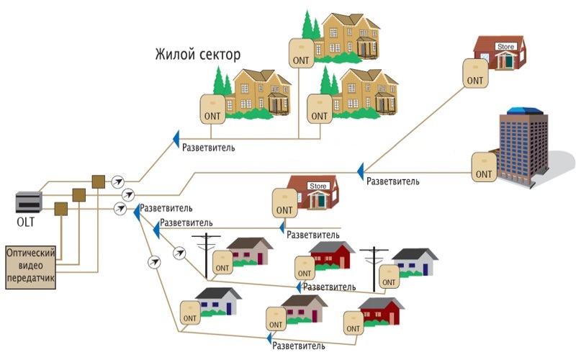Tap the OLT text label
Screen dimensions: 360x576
26,222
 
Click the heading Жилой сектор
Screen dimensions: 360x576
197,55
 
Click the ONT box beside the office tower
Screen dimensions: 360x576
485,166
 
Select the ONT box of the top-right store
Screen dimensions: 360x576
474,72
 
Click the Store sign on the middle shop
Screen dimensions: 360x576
318,186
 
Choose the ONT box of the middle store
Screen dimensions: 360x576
285,203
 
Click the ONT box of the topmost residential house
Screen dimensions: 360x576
302,52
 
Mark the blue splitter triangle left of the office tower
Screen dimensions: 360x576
359,171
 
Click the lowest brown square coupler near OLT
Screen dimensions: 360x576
61,209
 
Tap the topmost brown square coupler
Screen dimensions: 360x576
99,181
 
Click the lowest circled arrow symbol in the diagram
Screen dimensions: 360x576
153,263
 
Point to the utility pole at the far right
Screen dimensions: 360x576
374,264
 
